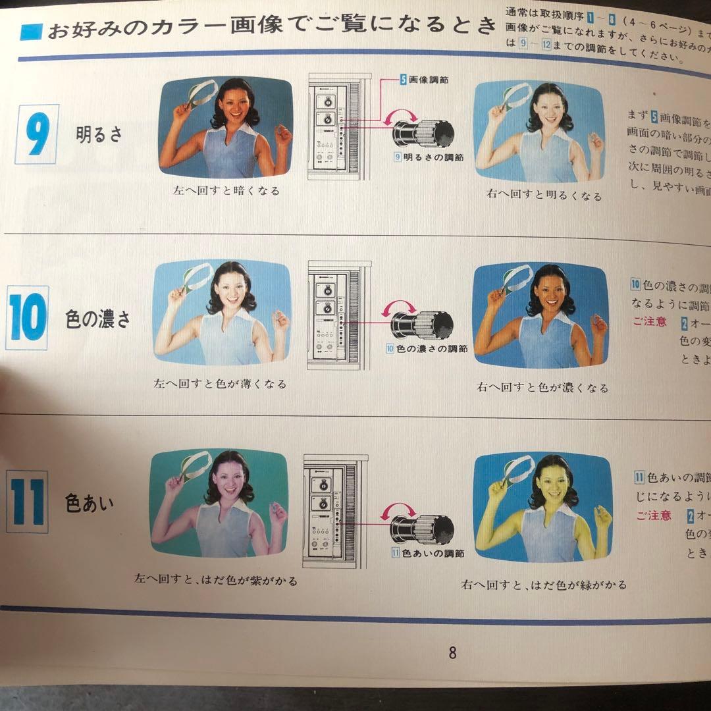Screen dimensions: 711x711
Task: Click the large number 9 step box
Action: click(x=36, y=134)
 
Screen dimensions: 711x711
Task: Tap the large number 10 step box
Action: click(x=27, y=317)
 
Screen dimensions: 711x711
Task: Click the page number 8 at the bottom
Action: click(x=452, y=653)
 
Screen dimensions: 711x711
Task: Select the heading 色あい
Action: click(x=90, y=504)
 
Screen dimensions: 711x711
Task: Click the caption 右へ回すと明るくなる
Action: click(x=544, y=196)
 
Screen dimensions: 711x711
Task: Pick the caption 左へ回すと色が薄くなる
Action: click(x=220, y=384)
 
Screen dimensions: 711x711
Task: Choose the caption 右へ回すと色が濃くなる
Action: click(x=542, y=388)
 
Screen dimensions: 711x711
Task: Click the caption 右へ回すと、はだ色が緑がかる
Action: click(x=544, y=585)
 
